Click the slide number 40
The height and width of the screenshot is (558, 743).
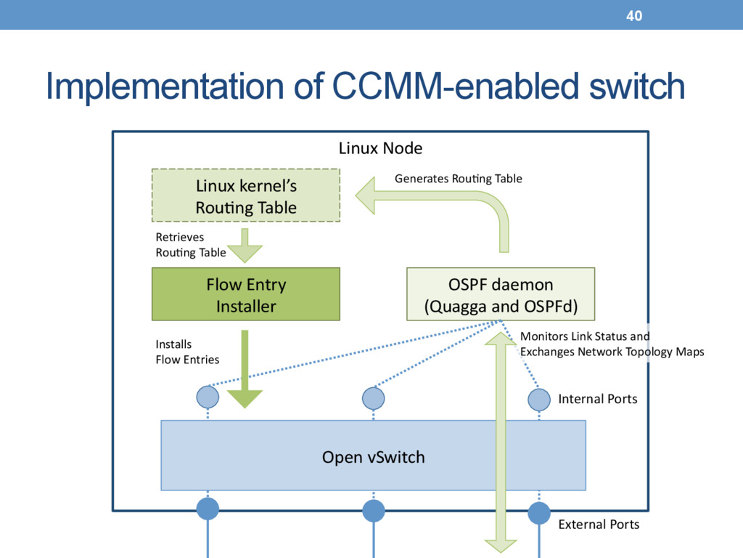634,16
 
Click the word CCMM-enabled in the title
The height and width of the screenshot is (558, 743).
456,86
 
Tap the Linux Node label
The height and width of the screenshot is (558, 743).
380,148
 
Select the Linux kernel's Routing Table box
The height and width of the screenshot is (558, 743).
246,195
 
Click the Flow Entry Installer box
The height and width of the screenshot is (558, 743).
246,294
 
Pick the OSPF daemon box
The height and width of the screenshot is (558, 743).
501,294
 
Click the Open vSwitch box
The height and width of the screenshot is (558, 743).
374,456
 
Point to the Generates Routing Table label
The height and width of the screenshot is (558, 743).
459,179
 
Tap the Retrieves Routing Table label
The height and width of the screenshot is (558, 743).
191,245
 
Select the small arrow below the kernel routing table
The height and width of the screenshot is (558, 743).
245,246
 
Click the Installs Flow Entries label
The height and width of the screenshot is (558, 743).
187,352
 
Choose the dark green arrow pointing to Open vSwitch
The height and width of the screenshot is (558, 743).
245,369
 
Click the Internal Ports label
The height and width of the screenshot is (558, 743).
598,399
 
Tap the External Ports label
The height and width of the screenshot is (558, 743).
599,525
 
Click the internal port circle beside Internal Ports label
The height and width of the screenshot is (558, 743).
539,400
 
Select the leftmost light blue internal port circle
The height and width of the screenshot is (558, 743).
208,397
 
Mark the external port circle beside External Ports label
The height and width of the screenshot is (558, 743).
539,513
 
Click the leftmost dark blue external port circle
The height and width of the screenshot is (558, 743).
208,509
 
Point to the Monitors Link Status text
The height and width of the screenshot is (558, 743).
585,336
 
